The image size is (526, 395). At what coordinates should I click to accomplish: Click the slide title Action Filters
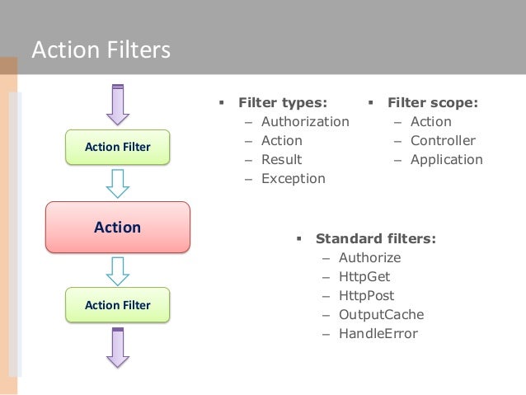[100, 51]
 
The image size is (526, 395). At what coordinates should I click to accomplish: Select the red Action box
[117, 227]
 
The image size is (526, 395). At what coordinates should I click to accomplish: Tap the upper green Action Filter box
[118, 147]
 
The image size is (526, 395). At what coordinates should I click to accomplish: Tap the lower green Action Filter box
[118, 305]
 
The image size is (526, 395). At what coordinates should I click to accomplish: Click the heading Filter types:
[282, 104]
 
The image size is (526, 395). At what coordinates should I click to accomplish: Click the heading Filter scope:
[433, 104]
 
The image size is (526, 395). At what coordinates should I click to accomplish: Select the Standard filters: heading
[376, 239]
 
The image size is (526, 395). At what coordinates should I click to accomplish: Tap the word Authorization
[305, 122]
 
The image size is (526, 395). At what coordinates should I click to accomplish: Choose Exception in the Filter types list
[293, 178]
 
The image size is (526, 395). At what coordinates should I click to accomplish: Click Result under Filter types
[281, 159]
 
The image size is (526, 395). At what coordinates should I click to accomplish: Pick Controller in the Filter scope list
[443, 140]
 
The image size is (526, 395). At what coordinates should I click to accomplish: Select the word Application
[447, 159]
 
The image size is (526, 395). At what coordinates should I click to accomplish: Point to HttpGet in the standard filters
[365, 276]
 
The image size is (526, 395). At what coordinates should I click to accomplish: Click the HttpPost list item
[366, 295]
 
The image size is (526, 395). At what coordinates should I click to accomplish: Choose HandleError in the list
[378, 334]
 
